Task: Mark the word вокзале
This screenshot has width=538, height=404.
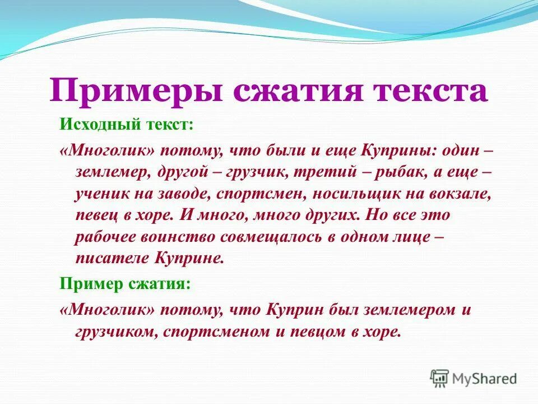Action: pos(460,194)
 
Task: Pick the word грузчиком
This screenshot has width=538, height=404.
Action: pos(117,332)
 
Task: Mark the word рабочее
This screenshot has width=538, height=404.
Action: pos(104,237)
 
